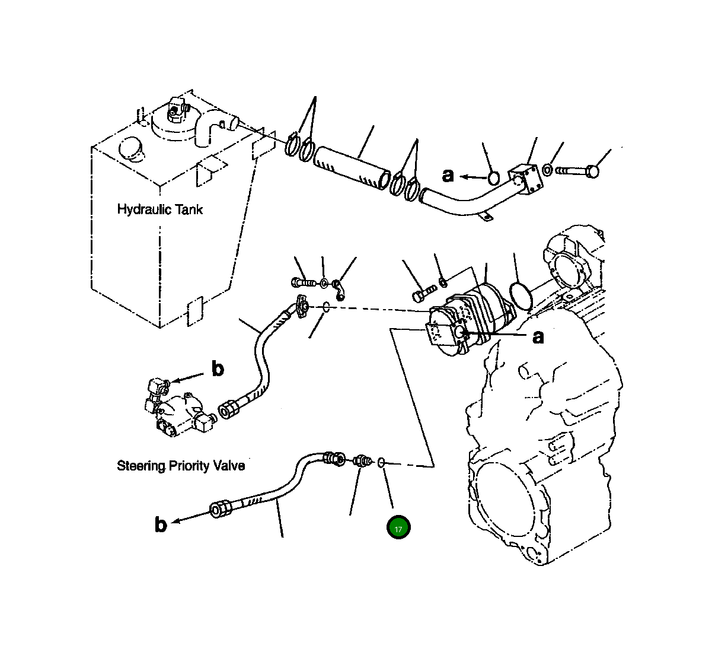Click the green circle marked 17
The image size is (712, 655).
(398, 528)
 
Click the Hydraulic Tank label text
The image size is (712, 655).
(159, 209)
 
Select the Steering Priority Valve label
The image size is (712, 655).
(181, 466)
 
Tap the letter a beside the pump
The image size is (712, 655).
(538, 337)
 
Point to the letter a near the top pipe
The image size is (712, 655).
(448, 175)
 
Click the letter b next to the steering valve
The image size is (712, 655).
(218, 369)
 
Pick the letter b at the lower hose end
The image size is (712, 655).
(161, 524)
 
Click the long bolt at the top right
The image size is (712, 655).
(578, 171)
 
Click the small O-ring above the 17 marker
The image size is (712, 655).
(383, 461)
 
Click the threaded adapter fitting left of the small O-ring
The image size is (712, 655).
(362, 460)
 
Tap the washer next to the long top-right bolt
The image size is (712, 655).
(548, 170)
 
